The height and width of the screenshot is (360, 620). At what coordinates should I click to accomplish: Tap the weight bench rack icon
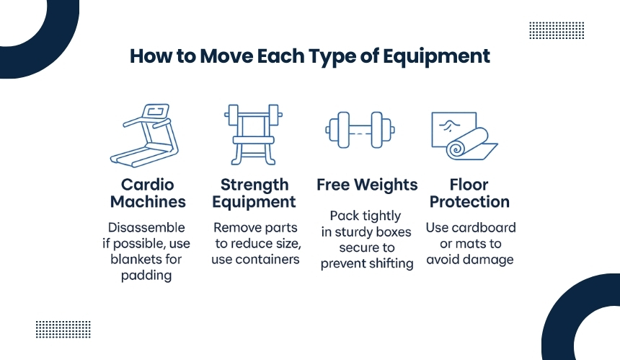click(x=254, y=134)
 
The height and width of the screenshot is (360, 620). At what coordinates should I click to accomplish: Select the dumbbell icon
click(x=360, y=130)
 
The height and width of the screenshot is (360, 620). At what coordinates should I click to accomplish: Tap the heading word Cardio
click(x=148, y=185)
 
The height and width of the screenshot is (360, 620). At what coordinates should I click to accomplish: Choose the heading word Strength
click(x=254, y=185)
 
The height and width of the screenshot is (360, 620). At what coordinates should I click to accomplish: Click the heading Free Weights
click(x=367, y=185)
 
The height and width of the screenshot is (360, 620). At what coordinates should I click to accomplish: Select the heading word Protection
click(x=469, y=202)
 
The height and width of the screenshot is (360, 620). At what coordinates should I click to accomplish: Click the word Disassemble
click(x=146, y=227)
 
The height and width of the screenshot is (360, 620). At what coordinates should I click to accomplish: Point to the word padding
click(x=146, y=276)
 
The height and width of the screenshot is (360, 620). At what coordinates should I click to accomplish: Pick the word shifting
click(x=393, y=263)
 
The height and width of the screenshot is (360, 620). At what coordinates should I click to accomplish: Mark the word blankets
click(x=132, y=259)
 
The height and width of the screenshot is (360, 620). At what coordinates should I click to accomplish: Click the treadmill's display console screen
click(x=156, y=111)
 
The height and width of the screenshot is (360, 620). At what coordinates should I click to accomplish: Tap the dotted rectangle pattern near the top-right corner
click(x=557, y=30)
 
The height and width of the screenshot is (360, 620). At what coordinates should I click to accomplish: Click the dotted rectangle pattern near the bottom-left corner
click(x=63, y=330)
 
